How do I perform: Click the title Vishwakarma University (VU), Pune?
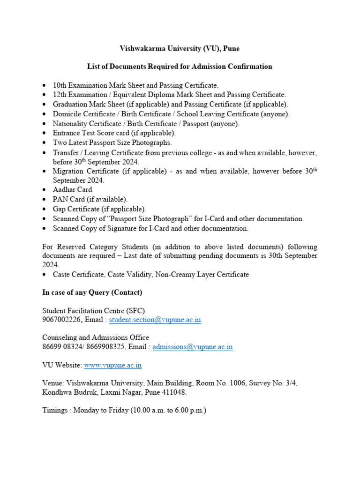[x=180, y=49]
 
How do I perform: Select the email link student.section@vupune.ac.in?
[x=155, y=320]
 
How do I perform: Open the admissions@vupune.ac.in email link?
[x=193, y=347]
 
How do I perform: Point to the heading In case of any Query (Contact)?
[x=92, y=292]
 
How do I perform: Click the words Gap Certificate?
[x=76, y=209]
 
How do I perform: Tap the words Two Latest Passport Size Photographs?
[x=112, y=142]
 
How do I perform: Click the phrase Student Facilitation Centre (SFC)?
[x=94, y=311]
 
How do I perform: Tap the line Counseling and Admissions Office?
[x=96, y=337]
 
